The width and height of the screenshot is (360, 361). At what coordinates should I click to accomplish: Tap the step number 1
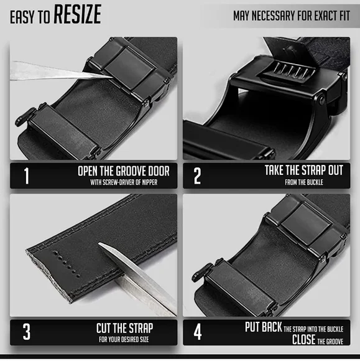(x=26, y=176)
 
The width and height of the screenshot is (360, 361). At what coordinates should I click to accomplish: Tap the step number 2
(x=198, y=176)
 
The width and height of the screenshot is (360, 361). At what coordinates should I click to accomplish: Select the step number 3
(x=26, y=332)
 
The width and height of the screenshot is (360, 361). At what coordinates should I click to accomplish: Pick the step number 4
(x=198, y=332)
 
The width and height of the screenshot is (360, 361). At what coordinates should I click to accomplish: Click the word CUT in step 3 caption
(x=106, y=327)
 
